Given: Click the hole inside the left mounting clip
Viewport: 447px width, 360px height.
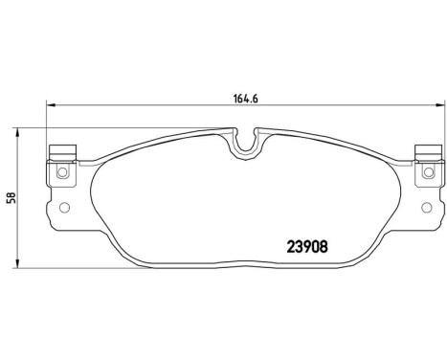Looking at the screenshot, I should point(62,173).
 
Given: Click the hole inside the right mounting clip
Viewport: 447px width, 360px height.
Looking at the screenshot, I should point(423,173).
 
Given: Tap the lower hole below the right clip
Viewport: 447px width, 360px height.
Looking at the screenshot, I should point(422,208).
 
